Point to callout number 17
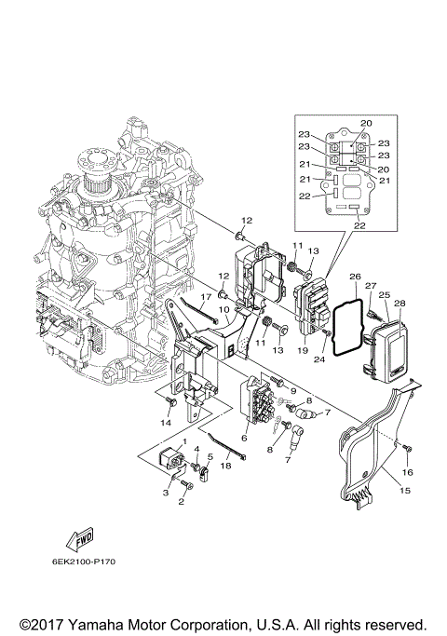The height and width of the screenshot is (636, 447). point(206,297)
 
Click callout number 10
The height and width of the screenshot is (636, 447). point(223,309)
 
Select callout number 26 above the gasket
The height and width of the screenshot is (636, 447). point(354,277)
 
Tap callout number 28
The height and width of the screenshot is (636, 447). point(400,304)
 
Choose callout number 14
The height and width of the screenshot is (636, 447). point(167,422)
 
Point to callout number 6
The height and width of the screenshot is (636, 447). point(245,438)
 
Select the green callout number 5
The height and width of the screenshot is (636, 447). point(210,456)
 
